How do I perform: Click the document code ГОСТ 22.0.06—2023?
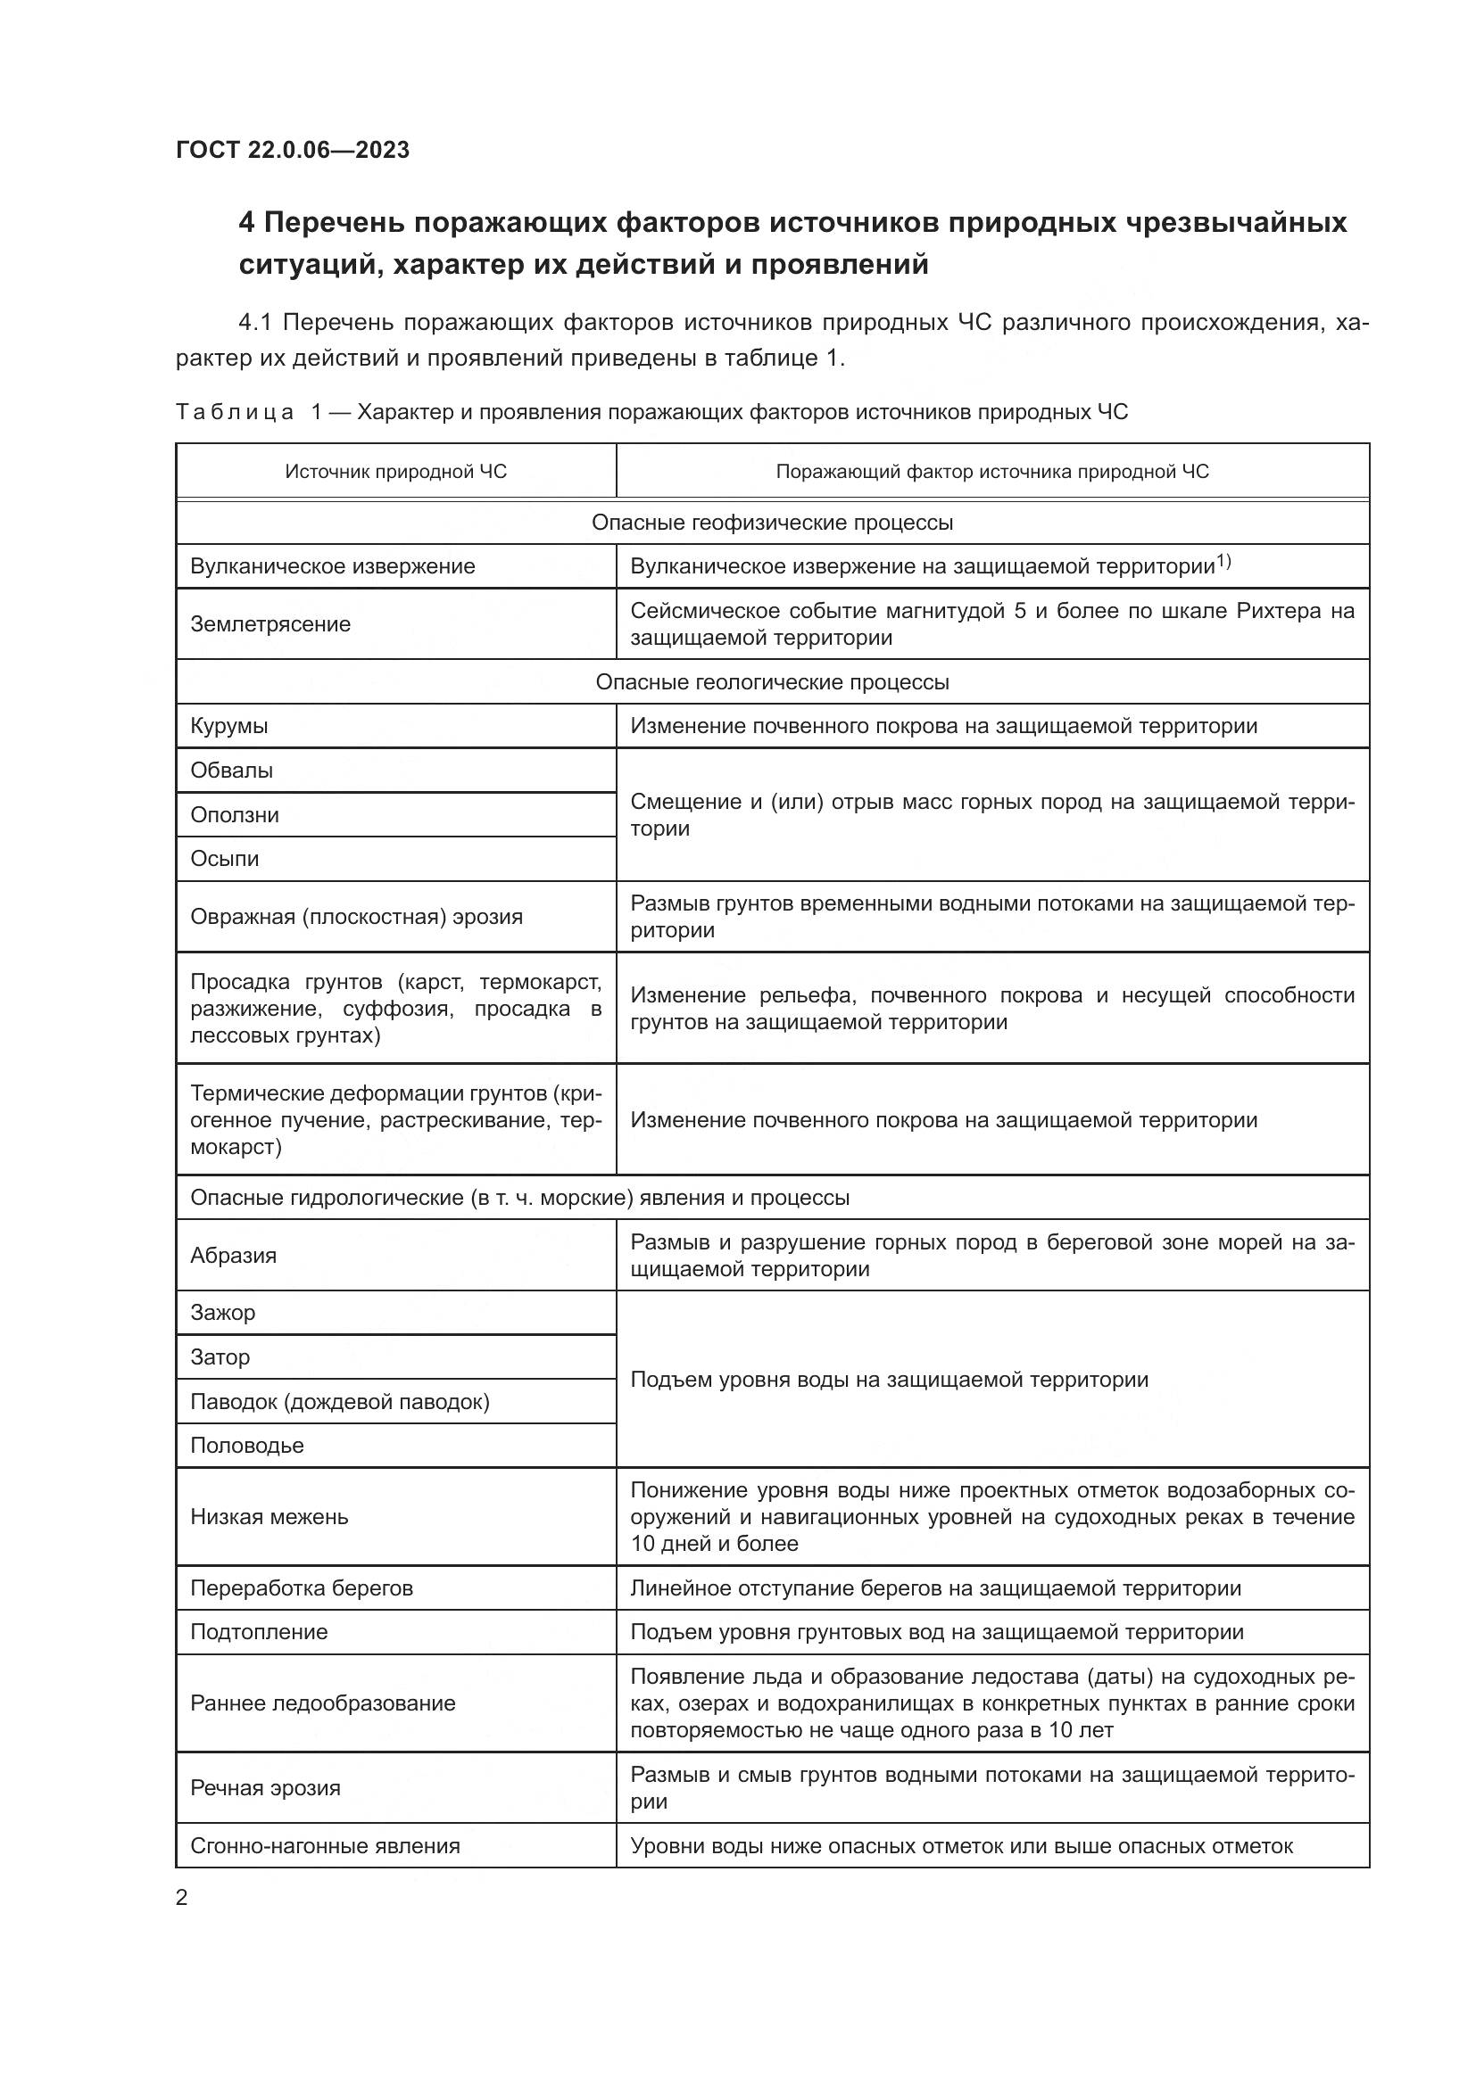coord(293,150)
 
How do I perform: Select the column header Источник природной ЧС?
coord(395,472)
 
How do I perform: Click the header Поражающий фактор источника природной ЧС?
coord(991,472)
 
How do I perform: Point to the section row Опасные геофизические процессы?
coord(772,523)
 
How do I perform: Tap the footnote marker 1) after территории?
coord(1223,563)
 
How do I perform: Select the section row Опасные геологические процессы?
coord(772,682)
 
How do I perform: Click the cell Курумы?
coord(229,726)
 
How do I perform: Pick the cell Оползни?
coord(235,815)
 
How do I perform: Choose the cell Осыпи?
coord(225,859)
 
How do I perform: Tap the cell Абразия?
coord(233,1256)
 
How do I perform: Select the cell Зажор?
coord(223,1312)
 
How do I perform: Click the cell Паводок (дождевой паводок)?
coord(340,1402)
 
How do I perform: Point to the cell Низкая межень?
coord(269,1516)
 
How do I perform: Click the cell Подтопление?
coord(258,1632)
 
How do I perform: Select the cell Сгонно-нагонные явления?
coord(325,1845)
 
